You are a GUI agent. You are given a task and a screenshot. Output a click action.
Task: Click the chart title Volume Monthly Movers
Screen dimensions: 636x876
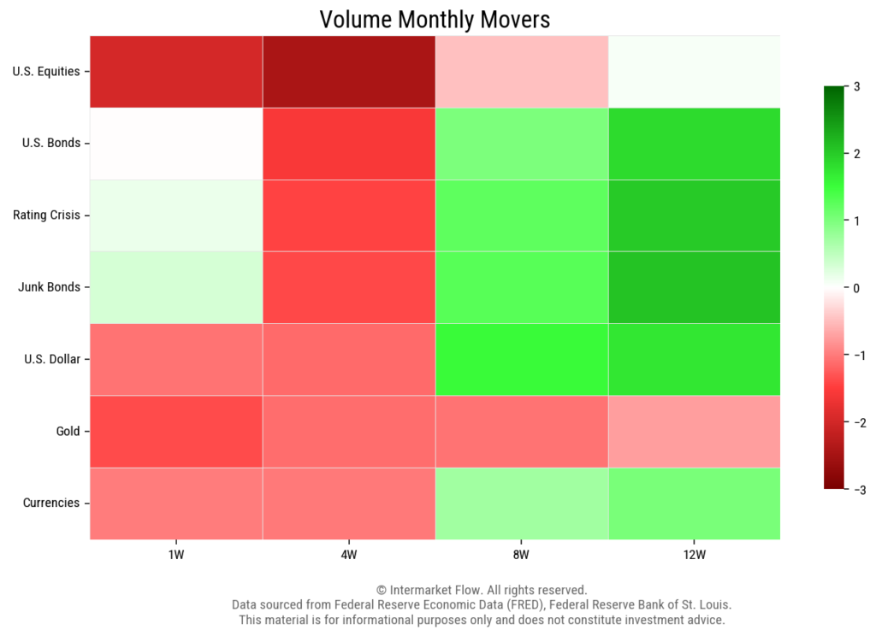click(435, 19)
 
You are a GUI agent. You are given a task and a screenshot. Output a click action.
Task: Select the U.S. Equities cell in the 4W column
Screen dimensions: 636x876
click(348, 72)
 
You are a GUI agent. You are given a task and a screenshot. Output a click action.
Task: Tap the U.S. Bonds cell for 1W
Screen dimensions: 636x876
click(175, 144)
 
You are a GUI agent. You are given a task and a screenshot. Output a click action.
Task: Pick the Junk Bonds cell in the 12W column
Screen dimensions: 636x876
click(694, 287)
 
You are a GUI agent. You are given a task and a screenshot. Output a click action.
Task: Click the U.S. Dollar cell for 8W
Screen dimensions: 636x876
click(521, 359)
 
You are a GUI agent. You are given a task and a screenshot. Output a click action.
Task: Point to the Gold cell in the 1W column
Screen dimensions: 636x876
click(175, 432)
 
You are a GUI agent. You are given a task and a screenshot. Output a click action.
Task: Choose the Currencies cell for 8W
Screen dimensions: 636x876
click(521, 503)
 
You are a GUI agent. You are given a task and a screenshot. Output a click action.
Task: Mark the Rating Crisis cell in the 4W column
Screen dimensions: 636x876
click(348, 215)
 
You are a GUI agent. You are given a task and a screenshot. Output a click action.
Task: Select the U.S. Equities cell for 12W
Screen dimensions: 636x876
click(694, 72)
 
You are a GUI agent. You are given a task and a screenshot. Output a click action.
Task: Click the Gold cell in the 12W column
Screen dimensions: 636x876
click(694, 432)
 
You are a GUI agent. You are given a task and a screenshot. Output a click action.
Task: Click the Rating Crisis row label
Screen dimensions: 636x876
click(46, 215)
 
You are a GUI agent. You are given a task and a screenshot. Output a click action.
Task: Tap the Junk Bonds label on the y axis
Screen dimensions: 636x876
click(49, 287)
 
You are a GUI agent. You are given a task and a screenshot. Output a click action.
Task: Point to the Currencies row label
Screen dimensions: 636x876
click(51, 503)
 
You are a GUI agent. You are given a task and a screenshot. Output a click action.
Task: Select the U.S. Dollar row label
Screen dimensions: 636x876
click(51, 359)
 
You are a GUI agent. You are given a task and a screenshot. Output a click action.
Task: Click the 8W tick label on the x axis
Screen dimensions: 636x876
click(521, 556)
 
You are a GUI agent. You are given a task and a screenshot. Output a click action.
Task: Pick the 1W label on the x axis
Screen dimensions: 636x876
click(175, 556)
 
